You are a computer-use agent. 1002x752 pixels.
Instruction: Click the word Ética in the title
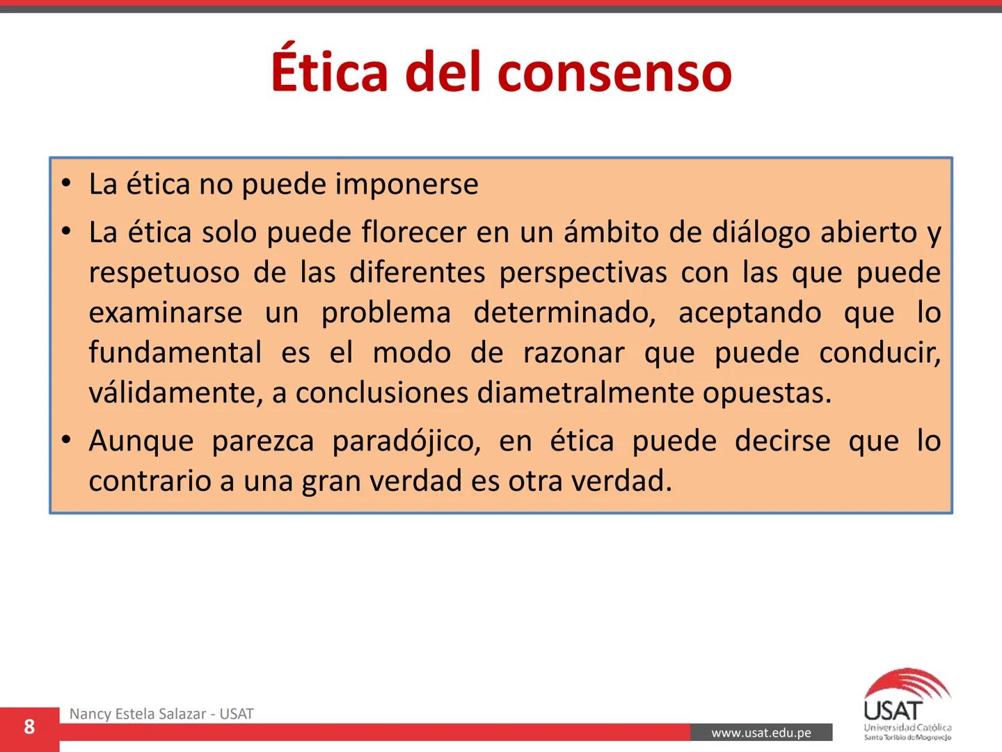(x=328, y=70)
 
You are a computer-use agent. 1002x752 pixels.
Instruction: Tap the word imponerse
(x=407, y=185)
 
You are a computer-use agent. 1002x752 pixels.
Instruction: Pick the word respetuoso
(x=164, y=273)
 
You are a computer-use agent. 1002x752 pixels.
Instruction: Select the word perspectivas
(x=583, y=273)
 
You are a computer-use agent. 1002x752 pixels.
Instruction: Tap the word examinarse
(x=166, y=313)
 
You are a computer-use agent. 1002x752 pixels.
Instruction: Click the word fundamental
(x=175, y=352)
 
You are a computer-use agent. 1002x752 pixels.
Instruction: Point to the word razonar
(x=573, y=353)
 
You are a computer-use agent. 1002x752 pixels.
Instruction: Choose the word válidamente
(x=175, y=393)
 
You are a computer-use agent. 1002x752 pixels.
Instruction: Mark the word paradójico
(x=406, y=441)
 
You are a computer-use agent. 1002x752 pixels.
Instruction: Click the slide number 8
(x=29, y=727)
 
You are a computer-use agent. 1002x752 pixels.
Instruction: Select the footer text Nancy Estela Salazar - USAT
(x=161, y=714)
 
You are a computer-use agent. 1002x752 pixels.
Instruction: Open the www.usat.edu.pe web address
(x=761, y=733)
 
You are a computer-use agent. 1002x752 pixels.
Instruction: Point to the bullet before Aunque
(x=66, y=441)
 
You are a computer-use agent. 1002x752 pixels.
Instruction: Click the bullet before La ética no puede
(x=66, y=185)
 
